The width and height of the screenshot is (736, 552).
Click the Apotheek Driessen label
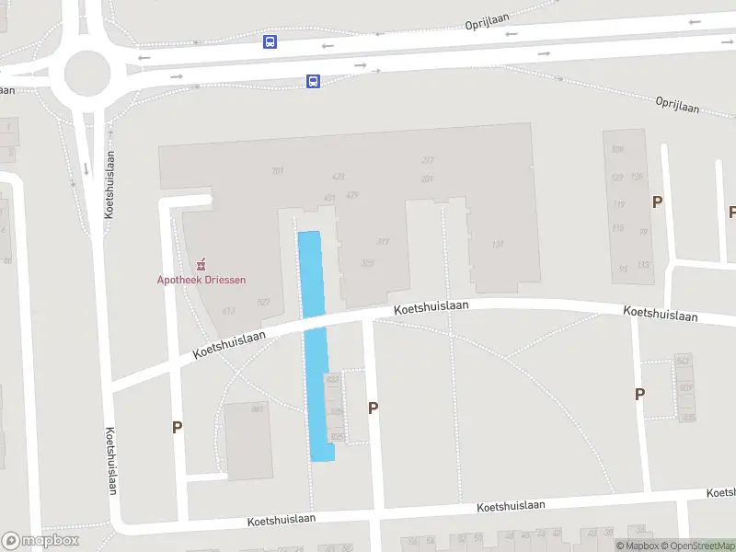[x=201, y=280]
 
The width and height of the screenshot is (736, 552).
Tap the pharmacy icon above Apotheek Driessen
[x=201, y=265]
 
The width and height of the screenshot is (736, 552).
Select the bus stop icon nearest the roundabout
[x=270, y=42]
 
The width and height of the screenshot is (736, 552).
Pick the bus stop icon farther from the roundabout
[x=313, y=82]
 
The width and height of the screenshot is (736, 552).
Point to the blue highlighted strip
[x=316, y=345]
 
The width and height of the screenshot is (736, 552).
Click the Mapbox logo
[x=40, y=541]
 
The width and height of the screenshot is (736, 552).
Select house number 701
[x=277, y=171]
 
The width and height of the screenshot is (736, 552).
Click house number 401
[x=329, y=198]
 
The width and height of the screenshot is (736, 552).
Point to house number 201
[x=427, y=178]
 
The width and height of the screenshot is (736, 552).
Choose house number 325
[x=368, y=263]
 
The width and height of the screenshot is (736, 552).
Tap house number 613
[x=229, y=311]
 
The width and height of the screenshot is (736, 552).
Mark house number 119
[x=618, y=204]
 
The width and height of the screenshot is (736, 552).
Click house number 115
[x=618, y=228]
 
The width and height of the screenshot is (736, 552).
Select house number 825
[x=336, y=436]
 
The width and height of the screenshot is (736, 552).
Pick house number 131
[x=498, y=245]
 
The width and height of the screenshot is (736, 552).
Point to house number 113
[x=642, y=265]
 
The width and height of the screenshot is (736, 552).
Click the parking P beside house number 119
[x=657, y=201]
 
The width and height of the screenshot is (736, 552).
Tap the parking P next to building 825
[x=373, y=408]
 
